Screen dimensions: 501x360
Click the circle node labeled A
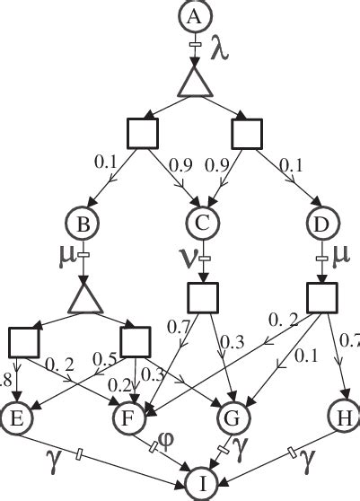coord(195,15)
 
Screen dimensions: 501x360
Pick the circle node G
coord(234,417)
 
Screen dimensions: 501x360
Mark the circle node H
coord(343,417)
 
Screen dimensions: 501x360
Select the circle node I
coord(202,486)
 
